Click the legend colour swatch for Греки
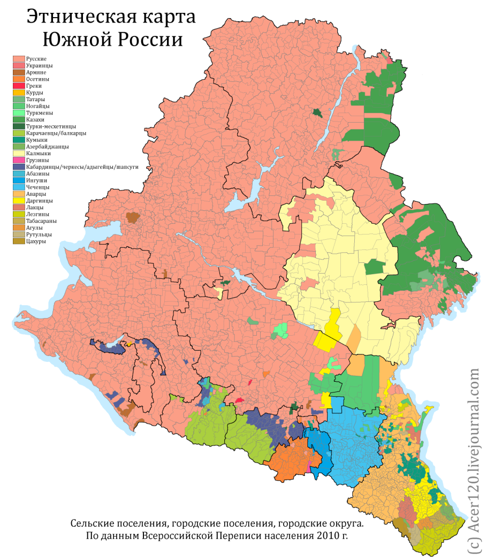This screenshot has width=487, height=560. pyautogui.click(x=19, y=86)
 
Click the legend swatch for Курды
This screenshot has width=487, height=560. pyautogui.click(x=19, y=92)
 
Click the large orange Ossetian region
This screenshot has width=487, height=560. pyautogui.click(x=292, y=463)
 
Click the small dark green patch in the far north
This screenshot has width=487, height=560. pyautogui.click(x=318, y=112)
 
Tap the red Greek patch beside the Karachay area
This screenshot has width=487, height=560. pyautogui.click(x=239, y=400)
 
